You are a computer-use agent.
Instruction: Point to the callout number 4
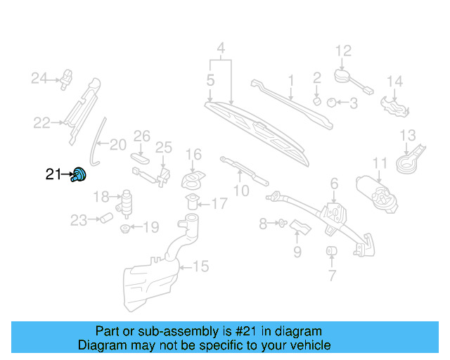(x=220, y=49)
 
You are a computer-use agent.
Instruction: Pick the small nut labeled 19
(x=124, y=228)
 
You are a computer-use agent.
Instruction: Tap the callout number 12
(x=342, y=51)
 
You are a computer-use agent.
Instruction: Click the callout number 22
(x=41, y=123)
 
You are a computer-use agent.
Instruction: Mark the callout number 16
(x=193, y=154)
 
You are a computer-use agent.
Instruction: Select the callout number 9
(x=297, y=251)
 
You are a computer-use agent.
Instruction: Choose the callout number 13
(x=408, y=135)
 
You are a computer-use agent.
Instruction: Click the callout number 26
(x=142, y=135)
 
